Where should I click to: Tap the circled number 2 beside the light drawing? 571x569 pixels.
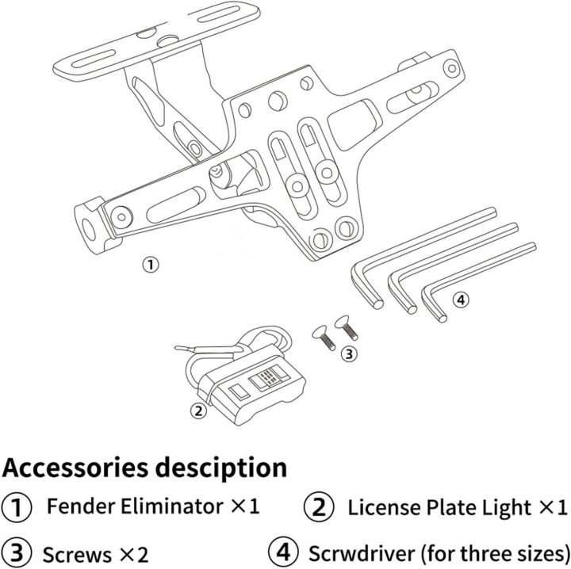(x=198, y=410)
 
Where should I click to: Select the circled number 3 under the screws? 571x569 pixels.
(x=350, y=353)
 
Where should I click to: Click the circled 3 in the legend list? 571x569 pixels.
(x=17, y=552)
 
